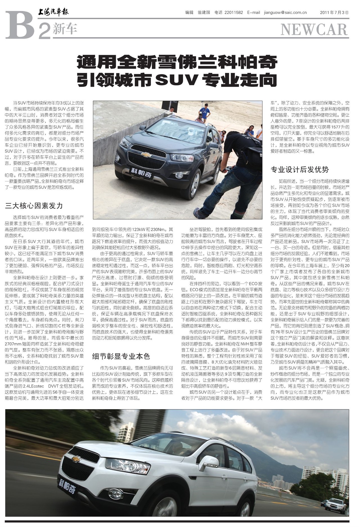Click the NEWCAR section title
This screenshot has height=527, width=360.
tap(314, 29)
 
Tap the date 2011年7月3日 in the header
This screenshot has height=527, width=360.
tap(334, 12)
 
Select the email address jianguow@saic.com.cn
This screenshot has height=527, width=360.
tap(285, 12)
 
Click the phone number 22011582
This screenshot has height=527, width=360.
tap(233, 12)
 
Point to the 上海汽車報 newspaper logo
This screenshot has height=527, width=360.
tap(53, 12)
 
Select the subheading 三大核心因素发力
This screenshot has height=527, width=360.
tap(34, 206)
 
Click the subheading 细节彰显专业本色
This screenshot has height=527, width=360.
tap(121, 356)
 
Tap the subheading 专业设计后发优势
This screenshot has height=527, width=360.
tap(300, 169)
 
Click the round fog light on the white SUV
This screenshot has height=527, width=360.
tap(116, 494)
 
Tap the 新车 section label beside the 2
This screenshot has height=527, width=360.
tap(65, 29)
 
